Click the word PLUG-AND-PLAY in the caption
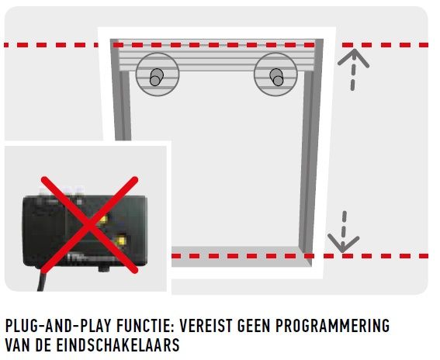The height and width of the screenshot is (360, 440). click(x=58, y=326)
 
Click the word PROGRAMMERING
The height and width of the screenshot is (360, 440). click(x=333, y=326)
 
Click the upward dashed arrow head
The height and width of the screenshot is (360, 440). click(x=354, y=57)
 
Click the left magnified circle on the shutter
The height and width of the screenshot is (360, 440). click(x=158, y=74)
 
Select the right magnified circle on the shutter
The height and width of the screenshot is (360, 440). click(x=275, y=74)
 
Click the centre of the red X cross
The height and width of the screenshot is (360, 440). click(x=90, y=225)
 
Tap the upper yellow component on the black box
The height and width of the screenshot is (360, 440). click(x=103, y=220)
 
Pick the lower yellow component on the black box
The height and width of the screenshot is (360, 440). click(x=121, y=241)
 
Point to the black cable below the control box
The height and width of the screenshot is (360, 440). click(x=41, y=281)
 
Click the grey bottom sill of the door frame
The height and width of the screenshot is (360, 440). click(x=241, y=257)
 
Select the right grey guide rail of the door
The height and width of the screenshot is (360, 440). click(x=311, y=151)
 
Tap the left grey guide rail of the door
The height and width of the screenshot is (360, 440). click(x=120, y=92)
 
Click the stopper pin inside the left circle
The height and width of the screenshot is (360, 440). click(x=156, y=77)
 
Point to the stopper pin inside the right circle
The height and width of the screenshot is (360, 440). click(x=277, y=77)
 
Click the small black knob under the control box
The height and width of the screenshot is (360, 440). click(x=105, y=269)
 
